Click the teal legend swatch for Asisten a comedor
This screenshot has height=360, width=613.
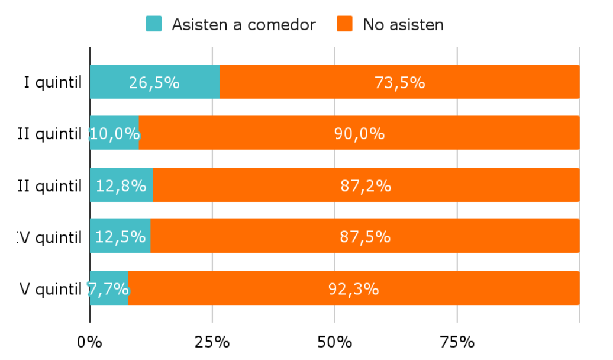[153, 24]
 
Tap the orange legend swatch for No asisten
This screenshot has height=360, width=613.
[344, 24]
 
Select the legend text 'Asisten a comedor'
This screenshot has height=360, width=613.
[244, 25]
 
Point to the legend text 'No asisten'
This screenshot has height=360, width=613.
[403, 25]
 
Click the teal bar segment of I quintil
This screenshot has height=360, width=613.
[155, 82]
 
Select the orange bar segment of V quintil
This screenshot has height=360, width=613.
[354, 288]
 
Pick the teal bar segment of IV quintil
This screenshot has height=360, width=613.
[120, 236]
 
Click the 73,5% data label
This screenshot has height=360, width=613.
[399, 82]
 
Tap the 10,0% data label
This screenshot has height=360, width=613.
[115, 134]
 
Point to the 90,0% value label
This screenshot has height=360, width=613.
[359, 134]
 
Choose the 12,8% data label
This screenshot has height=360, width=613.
[121, 185]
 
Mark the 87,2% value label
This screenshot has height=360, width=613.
[366, 185]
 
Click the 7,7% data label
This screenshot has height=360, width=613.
[108, 289]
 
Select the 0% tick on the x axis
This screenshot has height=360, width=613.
[90, 342]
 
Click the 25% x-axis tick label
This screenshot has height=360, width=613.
[212, 342]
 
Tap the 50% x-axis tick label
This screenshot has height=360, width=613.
[335, 342]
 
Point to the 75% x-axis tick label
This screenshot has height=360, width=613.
[457, 342]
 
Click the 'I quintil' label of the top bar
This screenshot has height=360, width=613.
[53, 82]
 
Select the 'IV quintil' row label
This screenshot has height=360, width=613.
[49, 237]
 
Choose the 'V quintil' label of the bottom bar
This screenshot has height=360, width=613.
[50, 289]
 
